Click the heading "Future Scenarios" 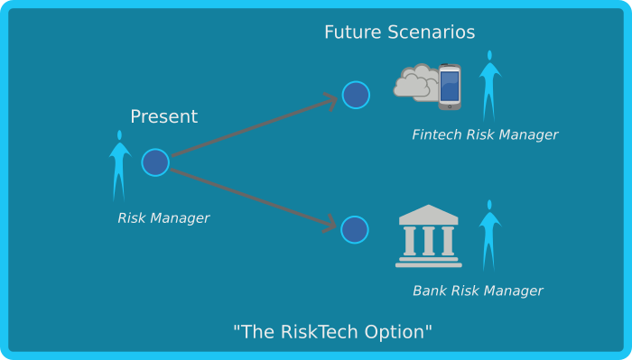[x=399, y=32]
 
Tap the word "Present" [x=163, y=116]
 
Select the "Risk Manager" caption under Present [x=163, y=218]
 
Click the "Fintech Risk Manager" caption [x=485, y=135]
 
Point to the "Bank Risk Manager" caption [x=478, y=291]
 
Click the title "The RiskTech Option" [x=332, y=331]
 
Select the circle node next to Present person [x=155, y=162]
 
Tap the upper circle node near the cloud [x=356, y=95]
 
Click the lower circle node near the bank [x=355, y=230]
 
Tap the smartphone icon [x=450, y=87]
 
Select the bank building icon [x=428, y=236]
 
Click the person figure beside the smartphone [x=490, y=86]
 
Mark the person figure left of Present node [x=119, y=165]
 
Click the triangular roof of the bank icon [x=428, y=215]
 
